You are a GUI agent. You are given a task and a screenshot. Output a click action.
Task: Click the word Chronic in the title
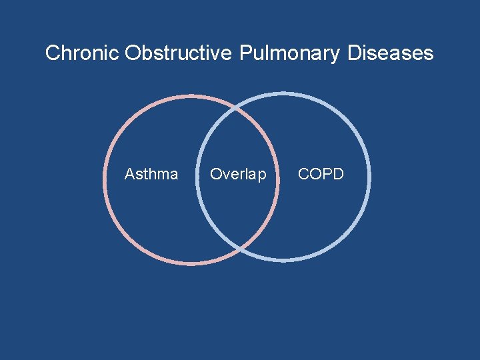[82, 53]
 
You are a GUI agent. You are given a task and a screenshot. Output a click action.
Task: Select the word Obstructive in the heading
[178, 53]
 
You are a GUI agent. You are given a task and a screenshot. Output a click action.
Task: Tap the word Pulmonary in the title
[289, 53]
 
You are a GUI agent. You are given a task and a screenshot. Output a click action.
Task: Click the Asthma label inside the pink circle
[151, 175]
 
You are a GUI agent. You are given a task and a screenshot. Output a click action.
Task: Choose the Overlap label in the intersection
[238, 175]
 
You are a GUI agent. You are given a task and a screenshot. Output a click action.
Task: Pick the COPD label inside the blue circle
[321, 175]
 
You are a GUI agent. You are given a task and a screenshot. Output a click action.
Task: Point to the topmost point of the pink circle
[191, 96]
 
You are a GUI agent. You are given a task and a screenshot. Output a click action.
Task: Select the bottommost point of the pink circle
[191, 263]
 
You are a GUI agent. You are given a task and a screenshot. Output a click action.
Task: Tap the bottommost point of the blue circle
[283, 259]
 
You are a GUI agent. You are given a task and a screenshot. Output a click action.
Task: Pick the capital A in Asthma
[129, 175]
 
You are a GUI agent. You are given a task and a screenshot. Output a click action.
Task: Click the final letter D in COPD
[338, 175]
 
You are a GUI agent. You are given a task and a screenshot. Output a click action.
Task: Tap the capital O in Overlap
[215, 175]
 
